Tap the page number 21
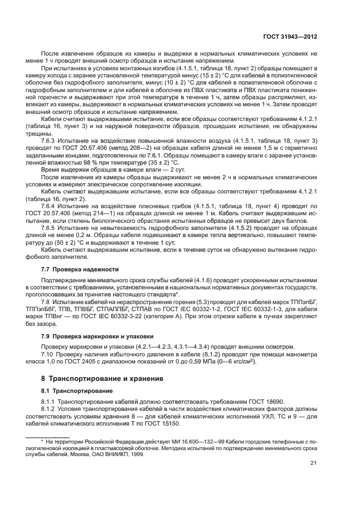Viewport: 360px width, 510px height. [314, 464]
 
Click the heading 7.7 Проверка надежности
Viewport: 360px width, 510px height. [73, 269]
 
